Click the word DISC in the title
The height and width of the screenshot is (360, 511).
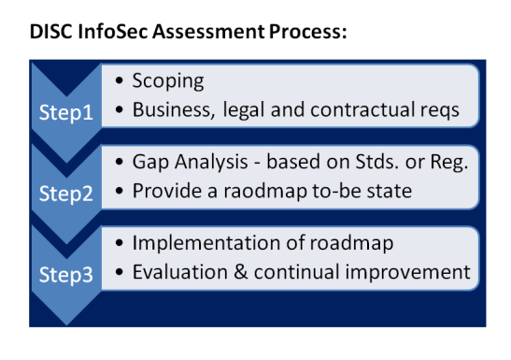pos(50,32)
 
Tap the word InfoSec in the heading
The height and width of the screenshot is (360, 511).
pos(113,32)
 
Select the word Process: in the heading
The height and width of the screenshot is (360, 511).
pos(308,32)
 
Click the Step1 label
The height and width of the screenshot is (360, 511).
pos(66,113)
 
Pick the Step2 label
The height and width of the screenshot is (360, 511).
pos(66,194)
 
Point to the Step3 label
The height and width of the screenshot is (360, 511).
pos(66,275)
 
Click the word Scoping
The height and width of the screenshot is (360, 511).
pos(168,81)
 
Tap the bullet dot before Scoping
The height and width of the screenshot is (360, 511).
pos(120,80)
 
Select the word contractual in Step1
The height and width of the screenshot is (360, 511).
pos(362,109)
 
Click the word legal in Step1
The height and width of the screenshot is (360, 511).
pos(243,110)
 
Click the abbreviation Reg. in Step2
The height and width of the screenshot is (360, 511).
pos(449,163)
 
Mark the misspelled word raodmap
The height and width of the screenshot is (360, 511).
pos(265,192)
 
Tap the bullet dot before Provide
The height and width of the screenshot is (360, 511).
pos(120,191)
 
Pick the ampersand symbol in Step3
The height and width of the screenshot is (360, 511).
pos(241,272)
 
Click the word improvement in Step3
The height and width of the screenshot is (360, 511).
pos(407,273)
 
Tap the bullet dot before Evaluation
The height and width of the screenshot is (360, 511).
pos(120,272)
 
